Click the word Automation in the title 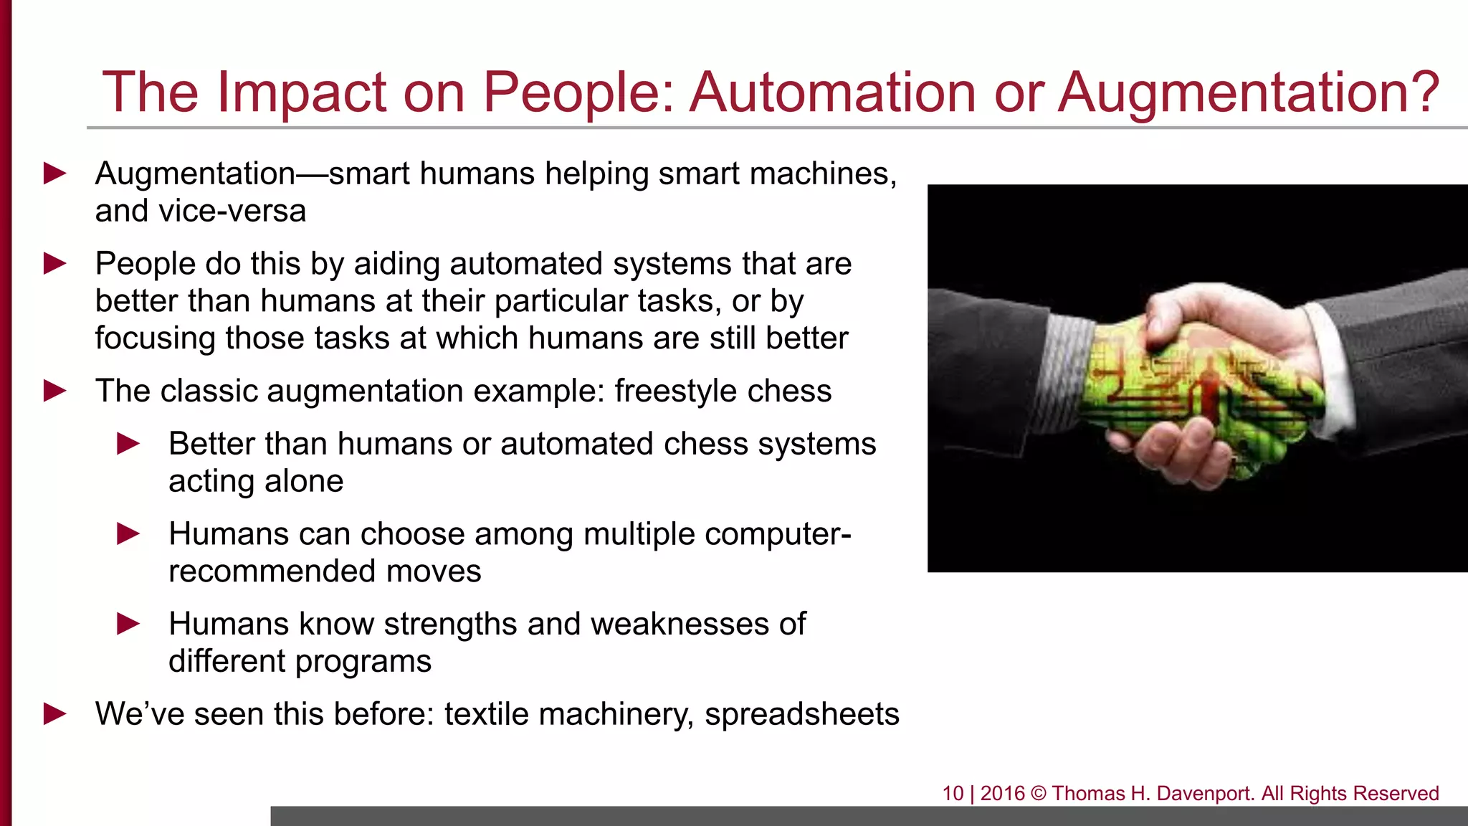click(x=832, y=92)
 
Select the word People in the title click(x=577, y=92)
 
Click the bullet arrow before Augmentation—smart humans click(x=55, y=174)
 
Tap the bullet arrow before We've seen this click(x=55, y=714)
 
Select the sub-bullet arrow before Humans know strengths click(x=128, y=624)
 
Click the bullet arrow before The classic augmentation click(x=55, y=391)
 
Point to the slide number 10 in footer click(x=953, y=794)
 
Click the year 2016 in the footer click(x=1002, y=794)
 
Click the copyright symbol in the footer click(x=1039, y=794)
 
